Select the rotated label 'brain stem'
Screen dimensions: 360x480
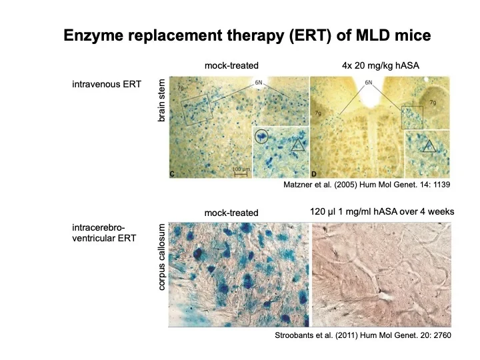point(161,100)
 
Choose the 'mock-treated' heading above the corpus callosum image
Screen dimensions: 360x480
point(231,213)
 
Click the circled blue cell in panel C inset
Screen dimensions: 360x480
point(262,137)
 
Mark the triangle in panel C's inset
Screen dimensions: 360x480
point(297,143)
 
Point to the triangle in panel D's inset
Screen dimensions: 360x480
point(432,145)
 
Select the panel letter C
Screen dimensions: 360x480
point(172,173)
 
